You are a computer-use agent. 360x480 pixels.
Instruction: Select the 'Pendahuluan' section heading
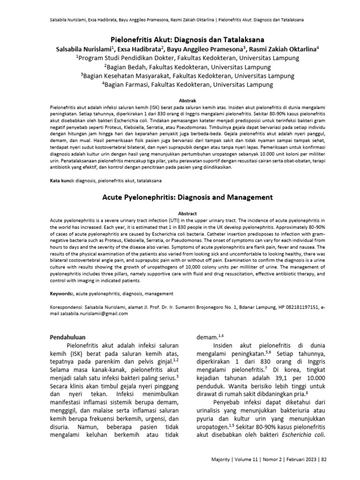click(x=70, y=337)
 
